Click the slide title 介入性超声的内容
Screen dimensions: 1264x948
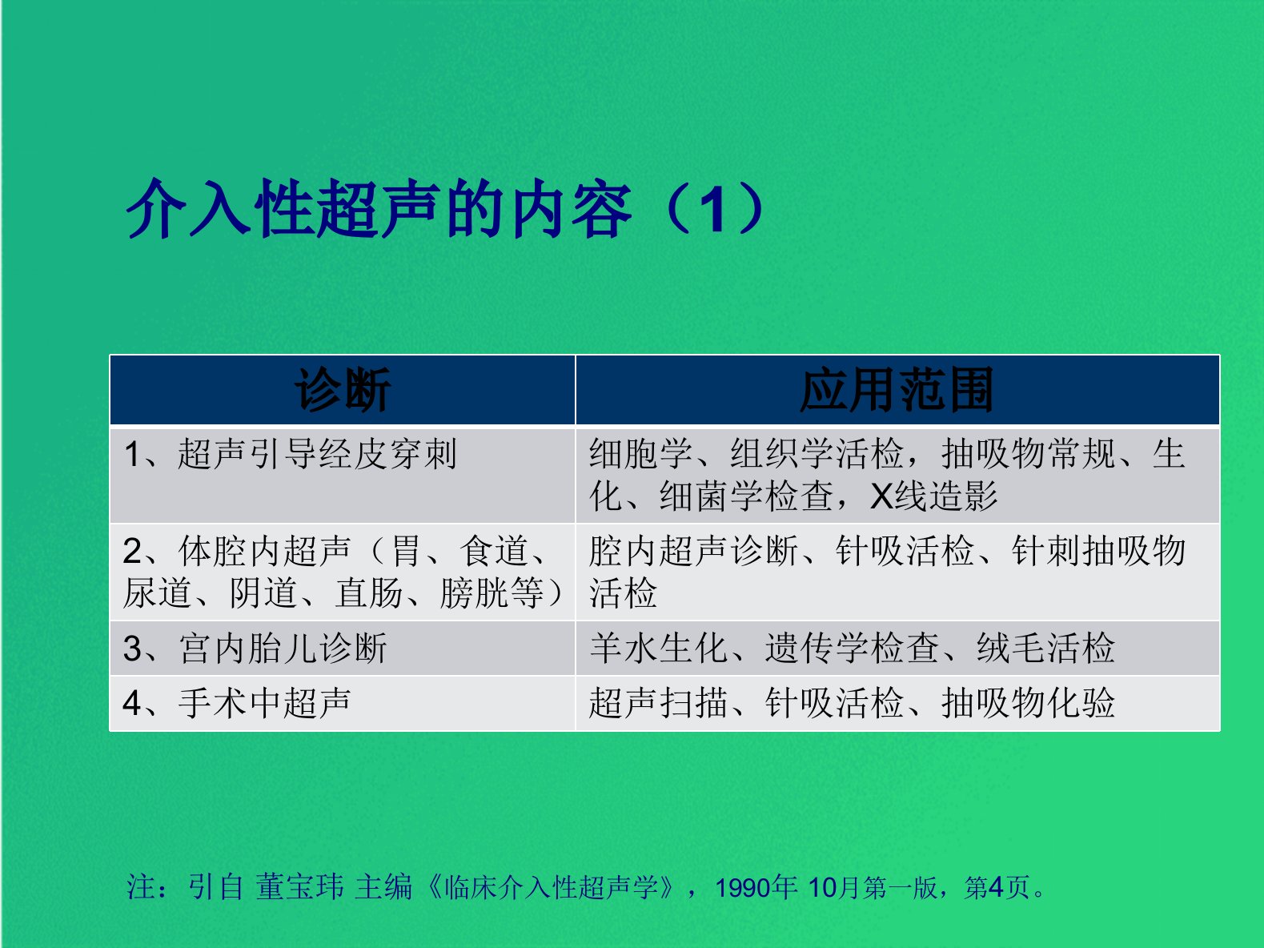379,208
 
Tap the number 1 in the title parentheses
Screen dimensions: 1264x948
715,209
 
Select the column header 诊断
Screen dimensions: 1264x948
343,390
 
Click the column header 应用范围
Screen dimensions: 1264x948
897,390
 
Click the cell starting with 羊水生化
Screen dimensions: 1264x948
852,649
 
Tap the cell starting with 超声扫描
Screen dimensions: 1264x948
852,703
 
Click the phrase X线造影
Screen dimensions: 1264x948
933,496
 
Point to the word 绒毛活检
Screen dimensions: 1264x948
1045,649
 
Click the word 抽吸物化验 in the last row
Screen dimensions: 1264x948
1028,703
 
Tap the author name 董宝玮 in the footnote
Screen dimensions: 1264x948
299,887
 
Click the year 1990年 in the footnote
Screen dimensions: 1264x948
756,887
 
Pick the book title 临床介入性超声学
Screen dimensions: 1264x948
552,887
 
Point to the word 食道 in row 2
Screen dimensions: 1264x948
493,551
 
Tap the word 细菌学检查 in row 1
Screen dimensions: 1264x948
746,496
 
